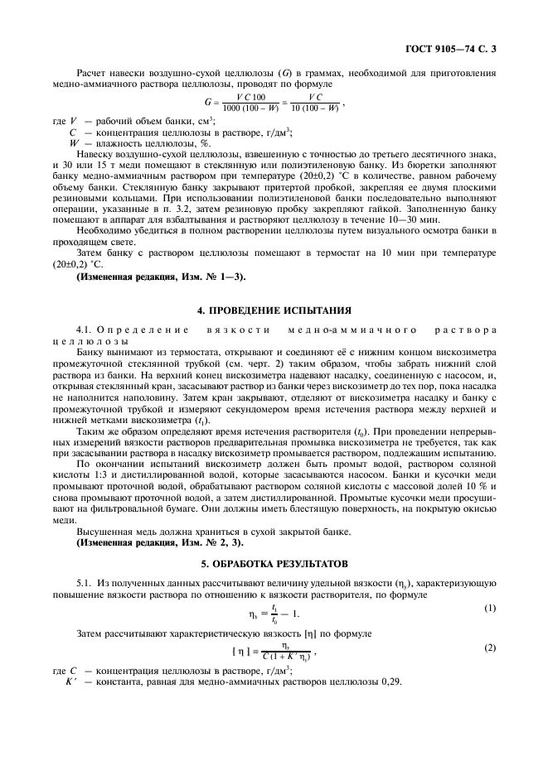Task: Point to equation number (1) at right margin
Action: pos(490,608)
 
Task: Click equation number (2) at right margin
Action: pos(490,647)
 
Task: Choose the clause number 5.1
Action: pos(85,582)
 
